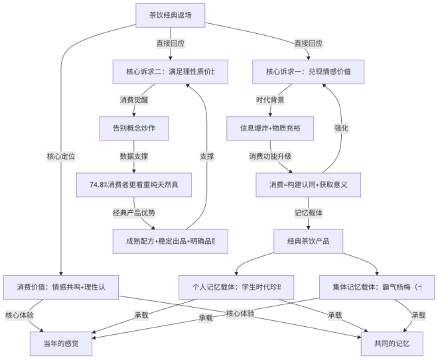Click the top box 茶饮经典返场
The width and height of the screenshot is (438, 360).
170,16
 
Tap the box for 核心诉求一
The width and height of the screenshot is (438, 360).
309,72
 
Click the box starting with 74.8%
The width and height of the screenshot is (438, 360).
135,184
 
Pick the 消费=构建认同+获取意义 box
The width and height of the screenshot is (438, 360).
308,184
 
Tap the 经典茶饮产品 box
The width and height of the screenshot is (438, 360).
308,241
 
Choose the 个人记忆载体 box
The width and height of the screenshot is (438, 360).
237,287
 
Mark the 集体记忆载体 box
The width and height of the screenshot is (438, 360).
377,287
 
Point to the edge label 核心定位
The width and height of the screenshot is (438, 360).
60,156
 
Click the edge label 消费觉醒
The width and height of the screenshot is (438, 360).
135,100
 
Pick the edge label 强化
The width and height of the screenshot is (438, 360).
341,128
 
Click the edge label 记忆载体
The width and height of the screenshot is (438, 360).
308,213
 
